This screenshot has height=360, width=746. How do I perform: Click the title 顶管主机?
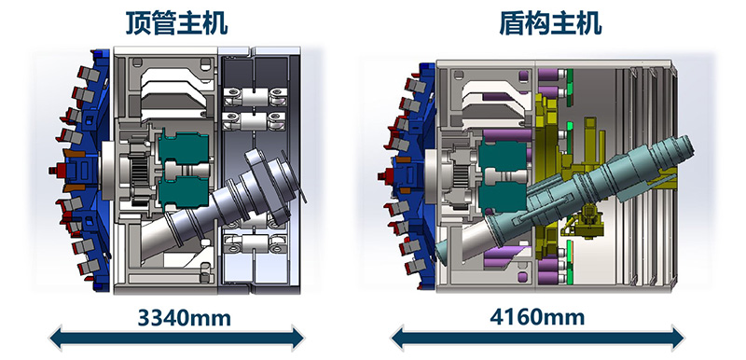tap(176, 22)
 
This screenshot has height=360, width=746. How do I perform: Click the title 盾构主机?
tap(550, 22)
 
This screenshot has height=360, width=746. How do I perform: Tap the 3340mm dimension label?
tap(184, 318)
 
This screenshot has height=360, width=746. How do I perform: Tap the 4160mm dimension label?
tap(537, 317)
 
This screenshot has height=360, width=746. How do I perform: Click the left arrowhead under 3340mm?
tap(56, 339)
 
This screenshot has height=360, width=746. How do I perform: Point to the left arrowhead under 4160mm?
tap(398, 339)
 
